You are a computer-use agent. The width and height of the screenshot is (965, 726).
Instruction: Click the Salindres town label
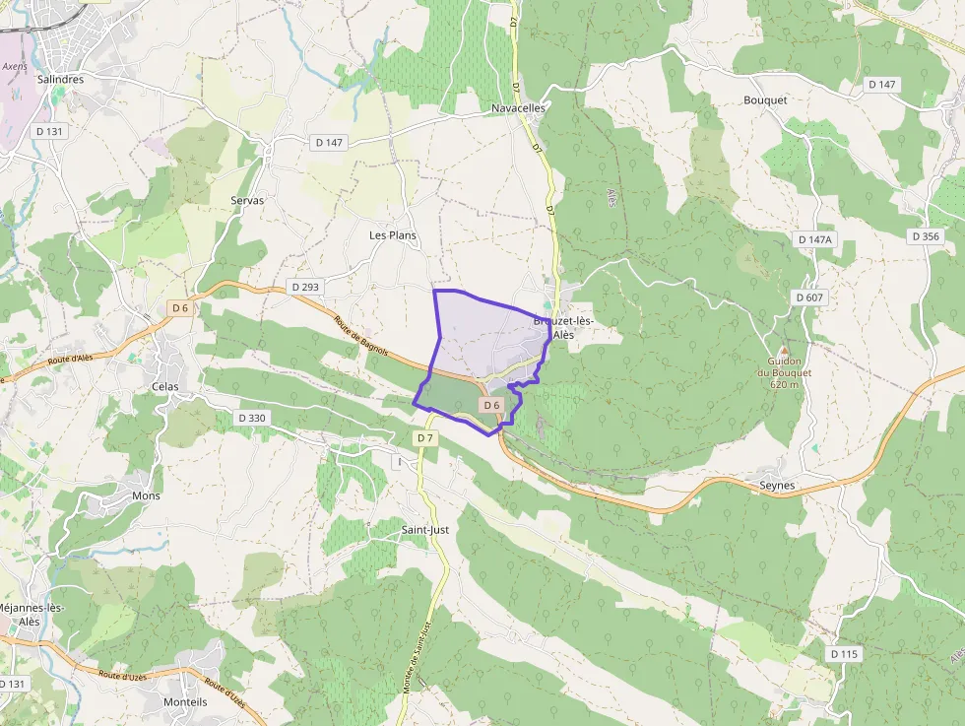60,79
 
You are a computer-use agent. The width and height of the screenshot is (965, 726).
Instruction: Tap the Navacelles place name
518,107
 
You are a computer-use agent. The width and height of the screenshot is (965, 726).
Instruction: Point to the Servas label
247,200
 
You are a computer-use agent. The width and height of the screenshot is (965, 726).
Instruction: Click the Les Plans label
393,235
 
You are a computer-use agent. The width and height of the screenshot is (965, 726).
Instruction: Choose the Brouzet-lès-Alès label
563,328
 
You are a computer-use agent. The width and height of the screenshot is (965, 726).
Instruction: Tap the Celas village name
165,386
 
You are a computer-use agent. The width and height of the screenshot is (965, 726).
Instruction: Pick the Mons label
146,495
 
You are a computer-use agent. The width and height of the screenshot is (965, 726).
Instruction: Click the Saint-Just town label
424,530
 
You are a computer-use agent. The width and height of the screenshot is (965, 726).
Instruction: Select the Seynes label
777,486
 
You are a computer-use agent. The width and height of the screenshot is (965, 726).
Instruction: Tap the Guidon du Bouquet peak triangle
784,351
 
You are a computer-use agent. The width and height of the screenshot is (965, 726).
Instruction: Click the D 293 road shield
305,287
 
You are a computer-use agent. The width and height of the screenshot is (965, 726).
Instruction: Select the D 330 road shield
252,418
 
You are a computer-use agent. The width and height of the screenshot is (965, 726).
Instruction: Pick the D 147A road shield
814,239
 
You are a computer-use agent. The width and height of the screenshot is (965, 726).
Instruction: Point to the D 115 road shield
845,653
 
